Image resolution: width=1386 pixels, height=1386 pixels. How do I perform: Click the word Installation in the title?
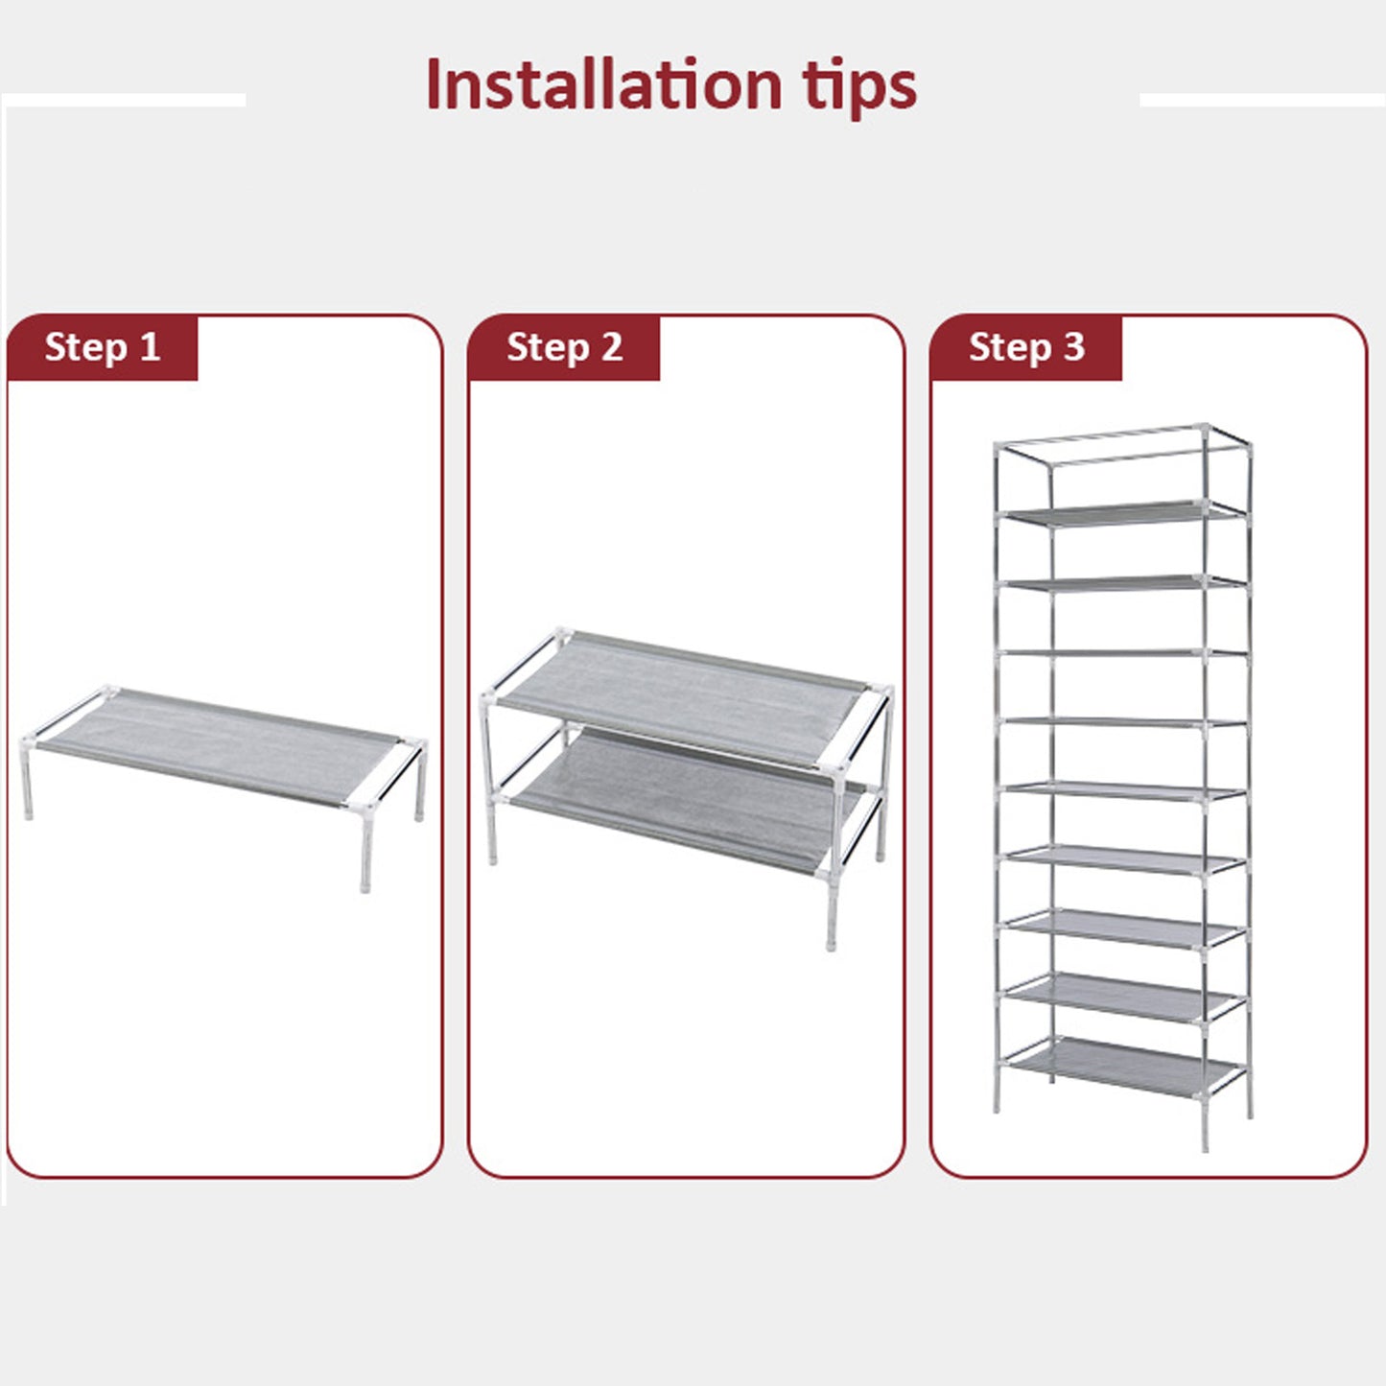coord(603,85)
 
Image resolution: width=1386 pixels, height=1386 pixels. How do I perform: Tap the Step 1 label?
coord(102,346)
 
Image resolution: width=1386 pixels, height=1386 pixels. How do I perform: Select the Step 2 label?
coord(565,346)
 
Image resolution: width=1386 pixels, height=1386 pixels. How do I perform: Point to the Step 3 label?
coord(1026,346)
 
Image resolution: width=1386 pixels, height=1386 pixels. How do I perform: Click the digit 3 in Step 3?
coord(1073,346)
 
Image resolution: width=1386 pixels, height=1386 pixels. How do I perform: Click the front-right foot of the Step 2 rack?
coord(832,936)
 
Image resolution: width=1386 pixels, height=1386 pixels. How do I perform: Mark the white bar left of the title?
coord(124,100)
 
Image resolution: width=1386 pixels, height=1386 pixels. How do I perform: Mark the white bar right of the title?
coord(1262,100)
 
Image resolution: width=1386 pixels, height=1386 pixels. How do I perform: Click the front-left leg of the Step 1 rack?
coord(27,783)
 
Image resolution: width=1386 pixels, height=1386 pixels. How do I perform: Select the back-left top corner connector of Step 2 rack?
coord(562,636)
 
